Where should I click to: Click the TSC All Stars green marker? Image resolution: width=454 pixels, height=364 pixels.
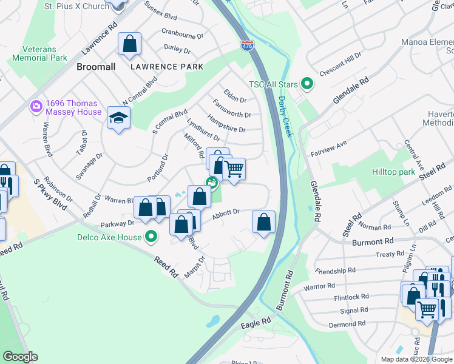(x=308, y=84)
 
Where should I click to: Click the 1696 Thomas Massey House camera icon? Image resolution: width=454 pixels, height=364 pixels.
(x=36, y=107)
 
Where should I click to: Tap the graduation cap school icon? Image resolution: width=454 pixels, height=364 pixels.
(x=119, y=118)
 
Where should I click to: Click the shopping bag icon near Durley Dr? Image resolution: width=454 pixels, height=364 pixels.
(x=130, y=44)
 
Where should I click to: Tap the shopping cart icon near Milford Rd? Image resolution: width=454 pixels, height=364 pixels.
(x=234, y=169)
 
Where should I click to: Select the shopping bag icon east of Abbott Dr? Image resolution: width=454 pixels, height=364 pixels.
(x=263, y=222)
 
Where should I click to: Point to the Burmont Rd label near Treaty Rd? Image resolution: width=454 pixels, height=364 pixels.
(x=373, y=241)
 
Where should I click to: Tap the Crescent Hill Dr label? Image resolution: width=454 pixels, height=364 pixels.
(x=340, y=63)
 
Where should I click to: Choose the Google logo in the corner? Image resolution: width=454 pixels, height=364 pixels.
(x=20, y=357)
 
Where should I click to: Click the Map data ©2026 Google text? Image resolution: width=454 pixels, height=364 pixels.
(x=416, y=359)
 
